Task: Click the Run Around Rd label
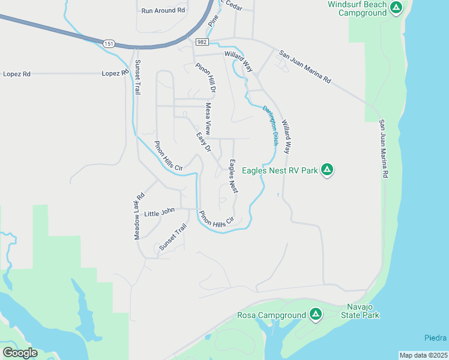point(163,11)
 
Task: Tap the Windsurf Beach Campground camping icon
point(396,8)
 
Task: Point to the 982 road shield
point(201,41)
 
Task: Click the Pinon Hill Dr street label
point(205,77)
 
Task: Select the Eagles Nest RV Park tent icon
point(327,170)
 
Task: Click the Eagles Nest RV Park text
point(279,170)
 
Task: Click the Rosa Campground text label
point(271,315)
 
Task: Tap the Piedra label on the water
point(436,337)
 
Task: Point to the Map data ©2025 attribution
point(423,355)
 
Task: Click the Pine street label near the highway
point(213,19)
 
